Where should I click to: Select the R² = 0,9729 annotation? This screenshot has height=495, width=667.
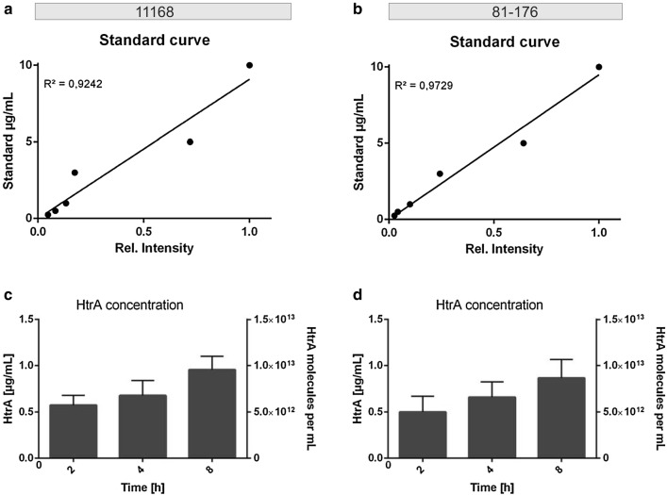point(424,86)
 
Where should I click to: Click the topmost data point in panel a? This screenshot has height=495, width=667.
point(249,65)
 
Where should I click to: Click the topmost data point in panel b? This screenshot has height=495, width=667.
point(598,67)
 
